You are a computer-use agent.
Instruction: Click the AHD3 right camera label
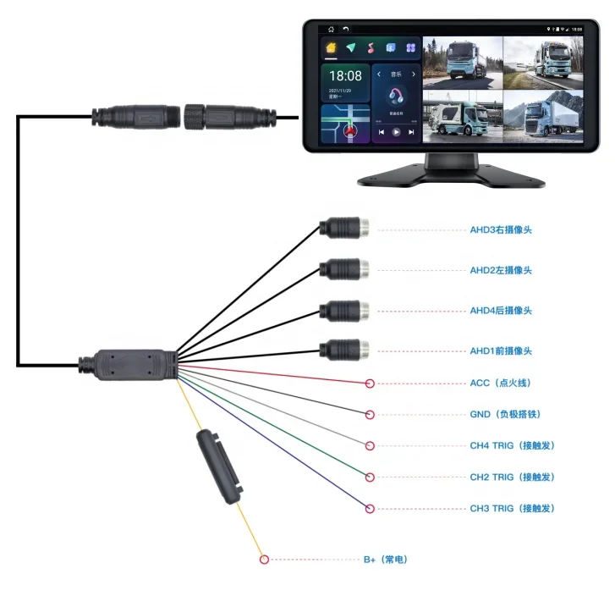[x=501, y=229]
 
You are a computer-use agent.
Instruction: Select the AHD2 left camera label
[x=501, y=270]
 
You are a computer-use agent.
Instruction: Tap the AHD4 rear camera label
[x=501, y=311]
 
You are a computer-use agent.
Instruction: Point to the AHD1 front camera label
[x=501, y=350]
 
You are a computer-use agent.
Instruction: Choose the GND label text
[x=505, y=415]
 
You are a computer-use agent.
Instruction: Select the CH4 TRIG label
[x=512, y=445]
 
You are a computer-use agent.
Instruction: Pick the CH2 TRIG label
[x=512, y=477]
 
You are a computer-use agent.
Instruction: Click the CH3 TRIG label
[x=512, y=508]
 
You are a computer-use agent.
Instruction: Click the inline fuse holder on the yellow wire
[x=219, y=466]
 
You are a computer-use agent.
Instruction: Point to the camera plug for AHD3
[x=345, y=229]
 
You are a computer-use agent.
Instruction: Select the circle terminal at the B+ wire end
[x=264, y=560]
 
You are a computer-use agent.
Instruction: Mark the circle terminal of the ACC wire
[x=370, y=384]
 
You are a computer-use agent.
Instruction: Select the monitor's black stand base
[x=448, y=172]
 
